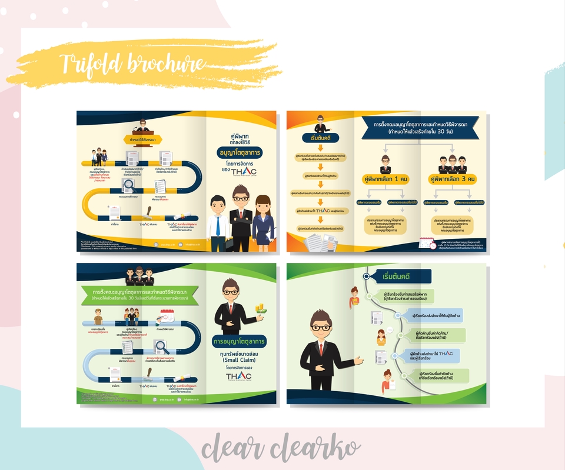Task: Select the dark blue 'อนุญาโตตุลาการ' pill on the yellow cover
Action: (x=238, y=152)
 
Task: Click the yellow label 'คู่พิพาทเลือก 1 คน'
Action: (x=385, y=179)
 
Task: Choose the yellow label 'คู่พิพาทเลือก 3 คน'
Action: (x=453, y=179)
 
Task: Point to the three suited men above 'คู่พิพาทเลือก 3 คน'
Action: (x=453, y=164)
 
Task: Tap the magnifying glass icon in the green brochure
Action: (x=159, y=347)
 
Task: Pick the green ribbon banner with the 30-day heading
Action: (x=140, y=294)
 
